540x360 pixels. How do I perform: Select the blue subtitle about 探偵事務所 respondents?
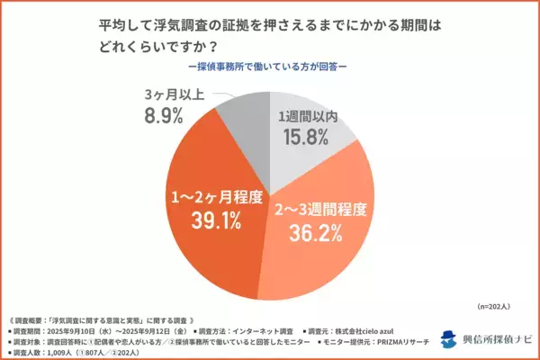[x=270, y=66]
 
